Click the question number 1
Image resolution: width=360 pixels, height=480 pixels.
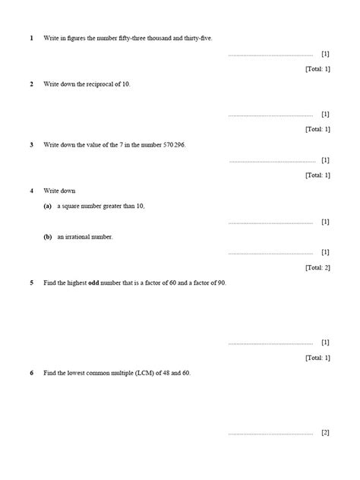pyautogui.click(x=31, y=37)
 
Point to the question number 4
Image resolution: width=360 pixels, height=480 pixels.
pyautogui.click(x=31, y=191)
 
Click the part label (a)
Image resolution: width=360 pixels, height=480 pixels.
pyautogui.click(x=48, y=206)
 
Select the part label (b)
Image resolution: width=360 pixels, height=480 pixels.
pyautogui.click(x=48, y=237)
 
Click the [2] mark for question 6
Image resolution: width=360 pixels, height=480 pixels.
pyautogui.click(x=325, y=433)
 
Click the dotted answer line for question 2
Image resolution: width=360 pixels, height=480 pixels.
pyautogui.click(x=270, y=115)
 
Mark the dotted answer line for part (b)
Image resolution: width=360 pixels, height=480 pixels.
pyautogui.click(x=270, y=253)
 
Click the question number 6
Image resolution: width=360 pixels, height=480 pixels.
pyautogui.click(x=31, y=374)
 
